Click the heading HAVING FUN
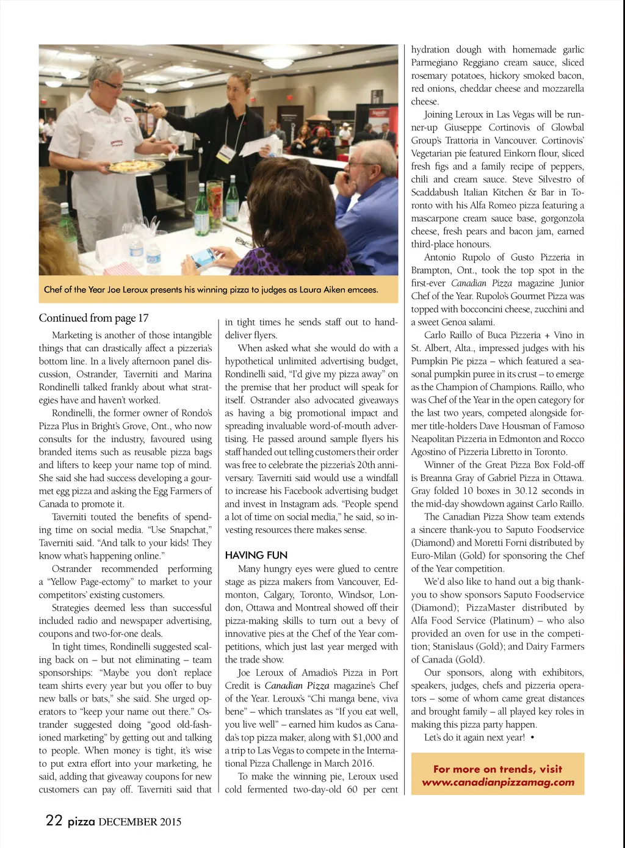256,555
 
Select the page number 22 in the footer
54,820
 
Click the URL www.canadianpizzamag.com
498,782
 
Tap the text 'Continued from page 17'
93,317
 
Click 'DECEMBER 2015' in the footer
140,822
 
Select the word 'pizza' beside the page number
81,822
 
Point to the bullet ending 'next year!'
533,737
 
